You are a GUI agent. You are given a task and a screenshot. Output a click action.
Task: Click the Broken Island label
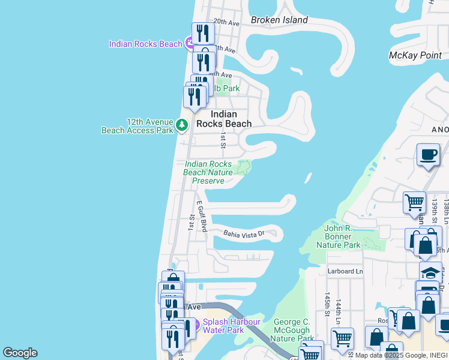pos(279,20)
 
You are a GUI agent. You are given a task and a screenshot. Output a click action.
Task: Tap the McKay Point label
pos(415,55)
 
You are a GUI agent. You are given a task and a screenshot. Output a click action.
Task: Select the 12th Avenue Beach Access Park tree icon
pos(182,125)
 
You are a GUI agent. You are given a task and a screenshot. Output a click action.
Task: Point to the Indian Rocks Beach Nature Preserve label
pos(208,172)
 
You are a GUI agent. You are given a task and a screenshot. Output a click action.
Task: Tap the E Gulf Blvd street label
pos(200,217)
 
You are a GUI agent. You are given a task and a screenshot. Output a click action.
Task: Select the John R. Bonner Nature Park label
pos(338,236)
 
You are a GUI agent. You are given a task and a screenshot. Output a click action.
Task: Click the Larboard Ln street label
pos(345,271)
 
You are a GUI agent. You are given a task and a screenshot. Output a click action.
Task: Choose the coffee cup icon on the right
pos(428,155)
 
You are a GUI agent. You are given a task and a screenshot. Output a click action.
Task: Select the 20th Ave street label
pos(226,22)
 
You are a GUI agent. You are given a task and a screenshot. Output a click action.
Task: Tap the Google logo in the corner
pos(20,353)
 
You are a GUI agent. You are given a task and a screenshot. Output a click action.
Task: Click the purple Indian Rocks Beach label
pos(145,44)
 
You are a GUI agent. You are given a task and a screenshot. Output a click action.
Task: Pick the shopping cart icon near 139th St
pos(414,203)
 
